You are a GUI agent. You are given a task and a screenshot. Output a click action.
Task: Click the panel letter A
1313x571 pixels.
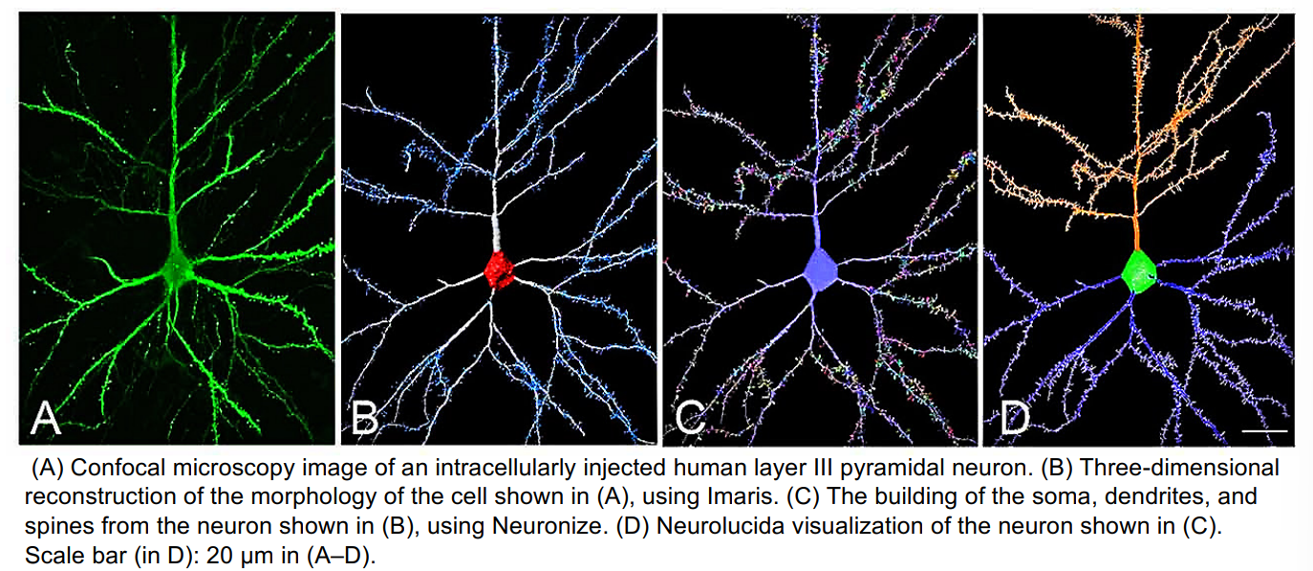coord(47,419)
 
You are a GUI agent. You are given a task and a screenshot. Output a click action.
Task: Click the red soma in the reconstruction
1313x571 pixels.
coord(500,270)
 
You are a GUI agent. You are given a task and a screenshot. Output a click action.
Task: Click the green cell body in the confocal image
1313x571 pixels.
coord(178,265)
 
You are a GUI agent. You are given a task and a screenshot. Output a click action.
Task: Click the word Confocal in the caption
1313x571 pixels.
coord(112,470)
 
